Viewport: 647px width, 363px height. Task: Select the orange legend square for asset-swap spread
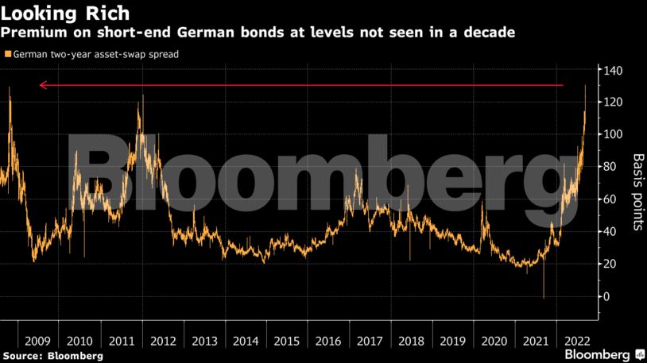pyautogui.click(x=8, y=55)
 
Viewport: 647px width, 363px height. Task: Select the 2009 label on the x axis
pyautogui.click(x=38, y=341)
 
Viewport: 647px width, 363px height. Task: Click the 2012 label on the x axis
pyautogui.click(x=162, y=341)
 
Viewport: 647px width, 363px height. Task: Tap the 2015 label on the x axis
pyautogui.click(x=286, y=341)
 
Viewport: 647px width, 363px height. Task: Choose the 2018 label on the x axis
pyautogui.click(x=411, y=341)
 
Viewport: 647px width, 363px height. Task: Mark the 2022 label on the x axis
pyautogui.click(x=576, y=341)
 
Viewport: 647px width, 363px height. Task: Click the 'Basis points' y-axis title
pyautogui.click(x=637, y=191)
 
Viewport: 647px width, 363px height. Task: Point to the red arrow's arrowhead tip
pyautogui.click(x=40, y=85)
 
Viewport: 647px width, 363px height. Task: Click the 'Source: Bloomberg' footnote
pyautogui.click(x=52, y=356)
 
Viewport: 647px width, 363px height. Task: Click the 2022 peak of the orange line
pyautogui.click(x=585, y=86)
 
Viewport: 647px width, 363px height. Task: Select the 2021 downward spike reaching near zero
pyautogui.click(x=544, y=298)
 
